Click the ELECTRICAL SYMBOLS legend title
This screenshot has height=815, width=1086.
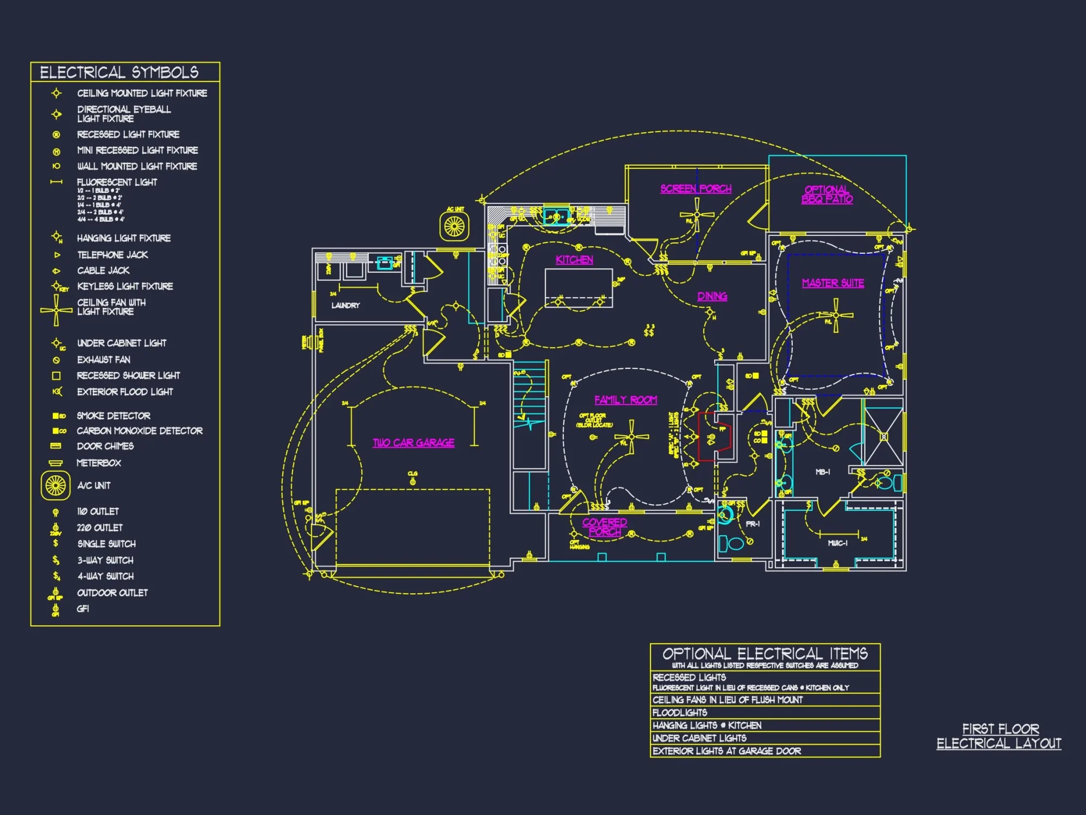[119, 72]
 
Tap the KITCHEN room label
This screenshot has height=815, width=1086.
[574, 260]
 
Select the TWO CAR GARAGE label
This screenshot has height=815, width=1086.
[413, 443]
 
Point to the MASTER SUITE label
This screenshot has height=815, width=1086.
[832, 283]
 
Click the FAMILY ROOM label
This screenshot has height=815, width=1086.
[626, 400]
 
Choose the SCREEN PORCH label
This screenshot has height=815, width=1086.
[696, 189]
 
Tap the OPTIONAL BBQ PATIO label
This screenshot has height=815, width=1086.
[826, 195]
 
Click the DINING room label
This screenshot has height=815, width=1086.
[712, 296]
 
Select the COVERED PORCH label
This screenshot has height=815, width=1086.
[604, 526]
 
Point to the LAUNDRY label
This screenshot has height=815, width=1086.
[345, 305]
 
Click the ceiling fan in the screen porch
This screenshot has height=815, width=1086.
[697, 214]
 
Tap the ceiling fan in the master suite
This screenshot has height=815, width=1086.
[836, 315]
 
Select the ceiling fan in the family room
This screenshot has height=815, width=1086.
[632, 436]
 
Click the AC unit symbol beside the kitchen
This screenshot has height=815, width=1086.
[454, 227]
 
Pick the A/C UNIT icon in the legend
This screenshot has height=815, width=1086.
[55, 485]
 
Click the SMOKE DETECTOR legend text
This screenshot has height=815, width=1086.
[113, 416]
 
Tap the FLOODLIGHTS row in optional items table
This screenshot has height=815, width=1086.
[680, 712]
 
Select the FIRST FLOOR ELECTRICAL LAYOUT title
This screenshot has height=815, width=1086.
[999, 736]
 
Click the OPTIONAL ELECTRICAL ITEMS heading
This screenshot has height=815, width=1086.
[765, 654]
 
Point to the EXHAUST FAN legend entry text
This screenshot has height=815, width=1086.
[104, 360]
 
